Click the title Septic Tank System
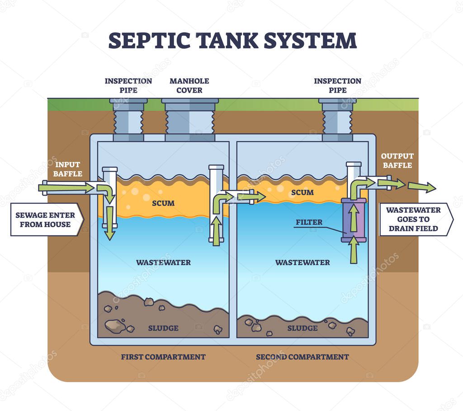click(232, 40)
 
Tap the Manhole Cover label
click(189, 85)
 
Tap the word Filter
click(309, 222)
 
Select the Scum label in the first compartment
click(163, 203)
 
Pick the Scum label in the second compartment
click(302, 192)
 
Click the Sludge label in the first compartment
click(163, 328)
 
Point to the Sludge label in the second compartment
click(302, 328)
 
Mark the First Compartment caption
click(163, 357)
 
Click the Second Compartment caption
click(302, 357)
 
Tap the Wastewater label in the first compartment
click(163, 262)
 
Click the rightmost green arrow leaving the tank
click(422, 187)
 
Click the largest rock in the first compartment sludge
click(115, 325)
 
